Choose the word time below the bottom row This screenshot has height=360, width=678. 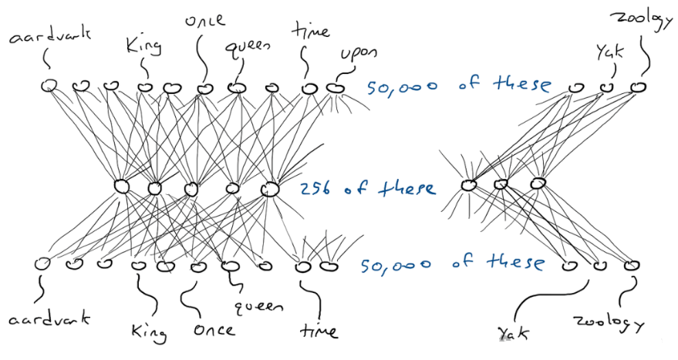coord(316,332)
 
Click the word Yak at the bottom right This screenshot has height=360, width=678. coord(513,332)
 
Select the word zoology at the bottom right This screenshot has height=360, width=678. coord(610,321)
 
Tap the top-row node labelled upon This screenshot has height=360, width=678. coord(334,88)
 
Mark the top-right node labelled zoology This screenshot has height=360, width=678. coord(636,86)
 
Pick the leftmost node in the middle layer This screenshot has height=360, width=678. coord(121,186)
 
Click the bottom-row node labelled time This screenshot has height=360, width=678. coord(303,267)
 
